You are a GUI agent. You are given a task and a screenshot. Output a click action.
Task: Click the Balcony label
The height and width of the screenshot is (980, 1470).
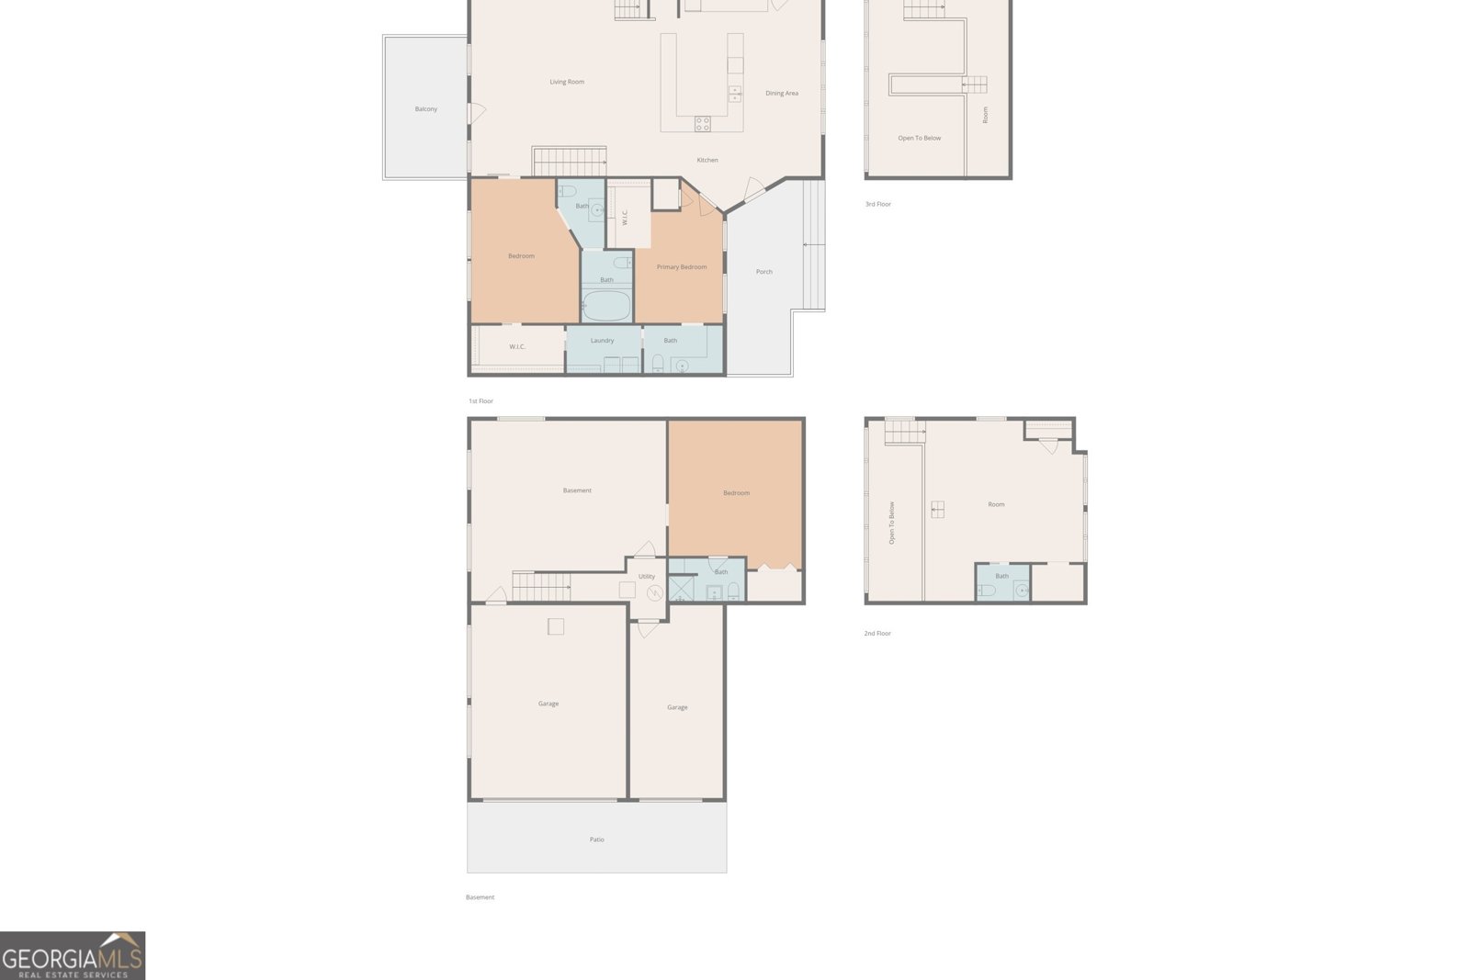pyautogui.click(x=426, y=109)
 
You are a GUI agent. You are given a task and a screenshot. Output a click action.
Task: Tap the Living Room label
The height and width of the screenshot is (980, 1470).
pyautogui.click(x=567, y=82)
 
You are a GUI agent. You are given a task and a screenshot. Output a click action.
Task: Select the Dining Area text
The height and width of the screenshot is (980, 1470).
pyautogui.click(x=782, y=93)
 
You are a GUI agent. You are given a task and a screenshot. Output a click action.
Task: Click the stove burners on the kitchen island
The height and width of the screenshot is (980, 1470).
pyautogui.click(x=702, y=123)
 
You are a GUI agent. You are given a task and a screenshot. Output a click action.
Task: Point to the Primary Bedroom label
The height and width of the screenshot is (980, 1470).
pyautogui.click(x=682, y=267)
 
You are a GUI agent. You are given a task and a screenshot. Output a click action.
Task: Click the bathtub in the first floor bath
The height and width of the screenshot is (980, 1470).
pyautogui.click(x=606, y=306)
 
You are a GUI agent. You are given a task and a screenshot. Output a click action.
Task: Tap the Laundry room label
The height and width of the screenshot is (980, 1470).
pyautogui.click(x=603, y=341)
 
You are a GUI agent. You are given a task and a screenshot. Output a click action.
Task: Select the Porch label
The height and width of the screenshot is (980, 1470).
pyautogui.click(x=763, y=272)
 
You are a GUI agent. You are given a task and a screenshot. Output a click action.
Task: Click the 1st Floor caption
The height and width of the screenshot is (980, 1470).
pyautogui.click(x=481, y=400)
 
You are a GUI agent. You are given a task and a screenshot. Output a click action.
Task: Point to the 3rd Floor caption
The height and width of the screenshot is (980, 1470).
pyautogui.click(x=878, y=204)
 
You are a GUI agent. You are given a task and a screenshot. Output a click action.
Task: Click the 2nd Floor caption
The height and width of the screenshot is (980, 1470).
pyautogui.click(x=877, y=633)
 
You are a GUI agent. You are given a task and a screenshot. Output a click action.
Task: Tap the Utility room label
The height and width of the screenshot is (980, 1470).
pyautogui.click(x=647, y=577)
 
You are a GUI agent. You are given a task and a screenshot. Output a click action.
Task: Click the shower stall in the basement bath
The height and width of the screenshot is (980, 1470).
pyautogui.click(x=681, y=589)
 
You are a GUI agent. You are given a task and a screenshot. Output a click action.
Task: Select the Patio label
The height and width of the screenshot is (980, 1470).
pyautogui.click(x=596, y=839)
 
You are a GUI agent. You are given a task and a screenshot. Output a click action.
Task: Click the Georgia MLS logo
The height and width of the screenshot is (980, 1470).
pyautogui.click(x=73, y=956)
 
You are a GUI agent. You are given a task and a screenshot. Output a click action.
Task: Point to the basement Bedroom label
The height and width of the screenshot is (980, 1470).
pyautogui.click(x=736, y=492)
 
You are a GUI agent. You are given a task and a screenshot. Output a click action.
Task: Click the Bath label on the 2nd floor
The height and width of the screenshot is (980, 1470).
pyautogui.click(x=1002, y=576)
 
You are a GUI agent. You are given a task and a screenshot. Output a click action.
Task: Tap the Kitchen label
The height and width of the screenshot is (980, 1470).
pyautogui.click(x=707, y=160)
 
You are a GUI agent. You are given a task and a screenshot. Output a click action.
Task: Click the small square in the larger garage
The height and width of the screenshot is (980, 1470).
pyautogui.click(x=556, y=626)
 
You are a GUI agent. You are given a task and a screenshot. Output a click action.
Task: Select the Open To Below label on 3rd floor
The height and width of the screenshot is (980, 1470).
pyautogui.click(x=920, y=138)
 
